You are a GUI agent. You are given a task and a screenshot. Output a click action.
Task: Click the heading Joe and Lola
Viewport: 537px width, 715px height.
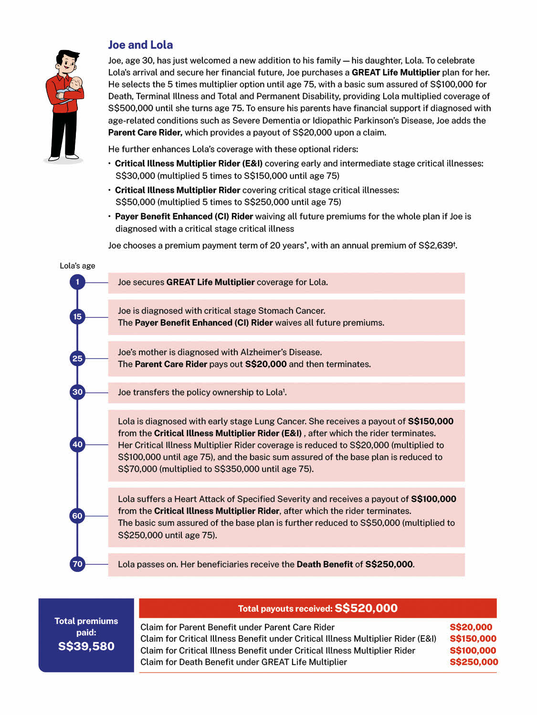tap(140, 45)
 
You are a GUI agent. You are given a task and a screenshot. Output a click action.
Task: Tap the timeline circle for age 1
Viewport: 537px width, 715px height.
tap(77, 282)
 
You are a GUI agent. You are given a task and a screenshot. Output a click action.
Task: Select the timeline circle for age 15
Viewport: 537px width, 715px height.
tap(77, 317)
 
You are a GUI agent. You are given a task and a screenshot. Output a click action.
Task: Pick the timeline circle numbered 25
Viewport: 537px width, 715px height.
tap(77, 358)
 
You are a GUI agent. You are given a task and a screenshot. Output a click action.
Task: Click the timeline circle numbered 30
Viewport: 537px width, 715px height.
tap(77, 392)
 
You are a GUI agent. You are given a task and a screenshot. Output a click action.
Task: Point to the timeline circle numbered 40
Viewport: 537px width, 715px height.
tap(77, 445)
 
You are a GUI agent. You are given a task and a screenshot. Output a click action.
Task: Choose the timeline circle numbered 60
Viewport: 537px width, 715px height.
tap(77, 516)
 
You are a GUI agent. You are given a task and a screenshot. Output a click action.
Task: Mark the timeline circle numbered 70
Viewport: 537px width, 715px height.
tap(77, 564)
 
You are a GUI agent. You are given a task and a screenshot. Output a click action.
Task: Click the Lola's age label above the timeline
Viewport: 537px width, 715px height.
tap(77, 266)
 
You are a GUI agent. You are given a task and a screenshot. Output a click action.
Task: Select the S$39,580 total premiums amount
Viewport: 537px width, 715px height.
tap(86, 646)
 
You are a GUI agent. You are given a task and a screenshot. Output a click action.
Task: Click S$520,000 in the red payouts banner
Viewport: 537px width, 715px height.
tap(366, 608)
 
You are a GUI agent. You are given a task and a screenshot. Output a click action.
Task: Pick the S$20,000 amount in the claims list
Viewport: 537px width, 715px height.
tap(471, 627)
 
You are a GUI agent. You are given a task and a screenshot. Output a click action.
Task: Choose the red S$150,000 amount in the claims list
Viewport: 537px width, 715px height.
tap(473, 639)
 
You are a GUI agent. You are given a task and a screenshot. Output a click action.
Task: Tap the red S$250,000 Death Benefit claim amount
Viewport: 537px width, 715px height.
tap(474, 662)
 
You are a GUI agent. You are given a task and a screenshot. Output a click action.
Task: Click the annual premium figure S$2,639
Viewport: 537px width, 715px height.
tap(435, 245)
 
